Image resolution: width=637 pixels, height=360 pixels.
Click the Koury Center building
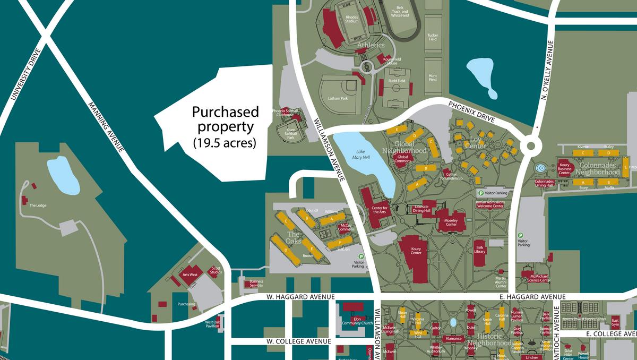click(416, 250)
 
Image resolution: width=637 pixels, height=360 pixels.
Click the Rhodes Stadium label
click(352, 19)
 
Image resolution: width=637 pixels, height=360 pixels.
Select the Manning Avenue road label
click(106, 127)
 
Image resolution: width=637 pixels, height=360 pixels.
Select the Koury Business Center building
click(564, 167)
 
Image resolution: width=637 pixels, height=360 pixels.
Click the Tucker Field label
click(433, 37)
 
